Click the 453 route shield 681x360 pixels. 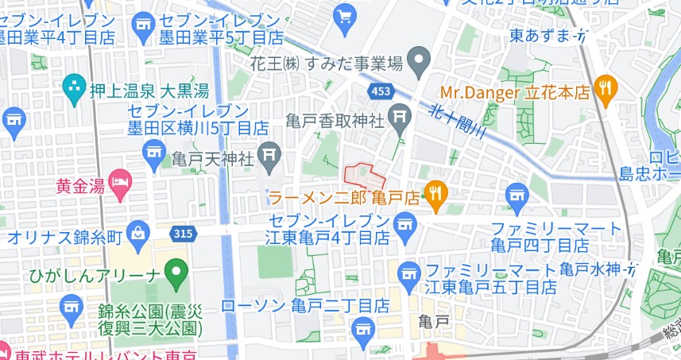coord(381,92)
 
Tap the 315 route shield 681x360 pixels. coord(183,234)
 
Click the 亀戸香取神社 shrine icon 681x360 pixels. coord(400,122)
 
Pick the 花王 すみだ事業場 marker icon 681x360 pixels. coord(420,60)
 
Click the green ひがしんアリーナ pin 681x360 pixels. coord(178,273)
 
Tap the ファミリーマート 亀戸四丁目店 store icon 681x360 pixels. coord(518,194)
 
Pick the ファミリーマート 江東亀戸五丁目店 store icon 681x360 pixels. coord(409,272)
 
